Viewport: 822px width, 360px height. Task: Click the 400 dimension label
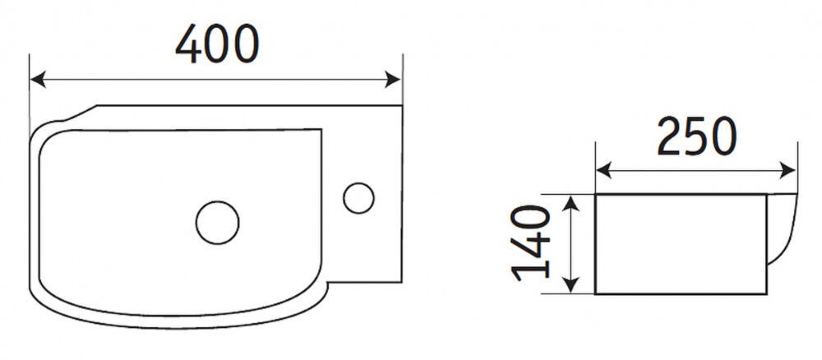pyautogui.click(x=217, y=44)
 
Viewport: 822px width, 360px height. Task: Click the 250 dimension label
pyautogui.click(x=697, y=136)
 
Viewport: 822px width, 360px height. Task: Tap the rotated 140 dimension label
pyautogui.click(x=531, y=243)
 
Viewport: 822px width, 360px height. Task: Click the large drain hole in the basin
pyautogui.click(x=218, y=223)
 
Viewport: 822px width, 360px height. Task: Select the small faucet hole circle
pyautogui.click(x=358, y=198)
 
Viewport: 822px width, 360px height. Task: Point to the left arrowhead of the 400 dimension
pyautogui.click(x=38, y=81)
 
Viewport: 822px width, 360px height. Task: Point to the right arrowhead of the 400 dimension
pyautogui.click(x=393, y=81)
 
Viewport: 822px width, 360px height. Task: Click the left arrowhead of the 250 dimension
pyautogui.click(x=604, y=170)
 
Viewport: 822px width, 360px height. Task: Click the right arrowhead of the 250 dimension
pyautogui.click(x=788, y=170)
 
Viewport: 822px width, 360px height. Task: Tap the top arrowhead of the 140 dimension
pyautogui.click(x=571, y=203)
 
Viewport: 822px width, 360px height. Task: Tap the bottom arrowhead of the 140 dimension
pyautogui.click(x=571, y=285)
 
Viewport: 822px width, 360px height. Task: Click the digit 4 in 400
pyautogui.click(x=187, y=44)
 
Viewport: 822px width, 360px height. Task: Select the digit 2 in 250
pyautogui.click(x=669, y=136)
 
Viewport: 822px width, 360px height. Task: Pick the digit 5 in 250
pyautogui.click(x=697, y=137)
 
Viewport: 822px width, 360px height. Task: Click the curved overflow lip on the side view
pyautogui.click(x=783, y=228)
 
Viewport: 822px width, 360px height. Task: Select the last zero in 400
pyautogui.click(x=247, y=44)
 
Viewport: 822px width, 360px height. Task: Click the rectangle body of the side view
pyautogui.click(x=681, y=244)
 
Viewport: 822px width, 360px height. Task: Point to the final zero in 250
pyautogui.click(x=724, y=137)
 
